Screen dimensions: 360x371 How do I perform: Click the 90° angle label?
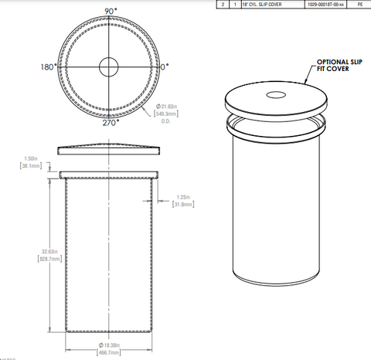pos(110,11)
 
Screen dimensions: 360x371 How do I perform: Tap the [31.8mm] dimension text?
pos(184,205)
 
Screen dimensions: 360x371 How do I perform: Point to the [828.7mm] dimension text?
pos(29,260)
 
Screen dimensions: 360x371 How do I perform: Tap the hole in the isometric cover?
pos(276,96)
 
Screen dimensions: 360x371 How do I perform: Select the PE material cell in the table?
pos(358,4)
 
